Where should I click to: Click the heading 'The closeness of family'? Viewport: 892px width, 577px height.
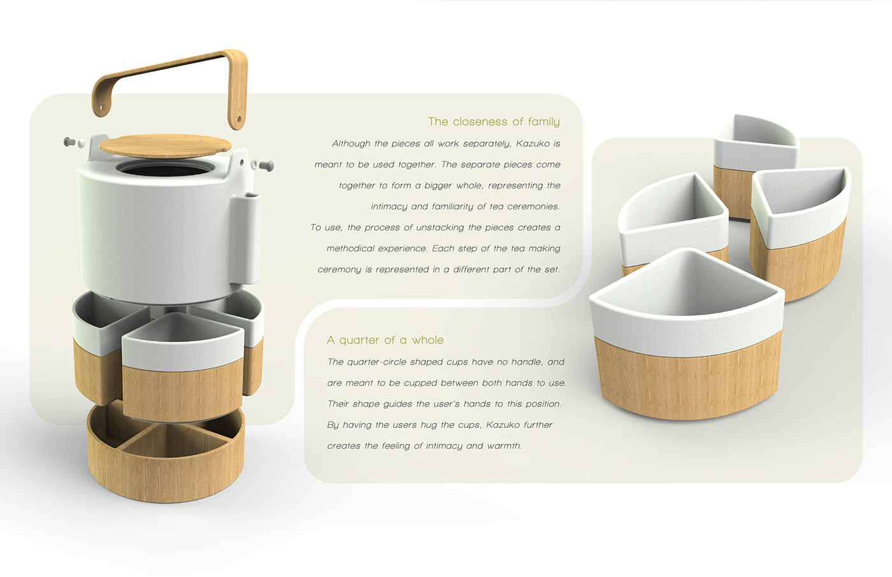494,122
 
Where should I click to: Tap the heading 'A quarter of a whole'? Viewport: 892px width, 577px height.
385,340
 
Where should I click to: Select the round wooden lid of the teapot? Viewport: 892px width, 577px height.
165,145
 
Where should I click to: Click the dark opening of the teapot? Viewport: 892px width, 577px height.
165,170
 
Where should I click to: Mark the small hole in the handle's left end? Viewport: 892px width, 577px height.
101,108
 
